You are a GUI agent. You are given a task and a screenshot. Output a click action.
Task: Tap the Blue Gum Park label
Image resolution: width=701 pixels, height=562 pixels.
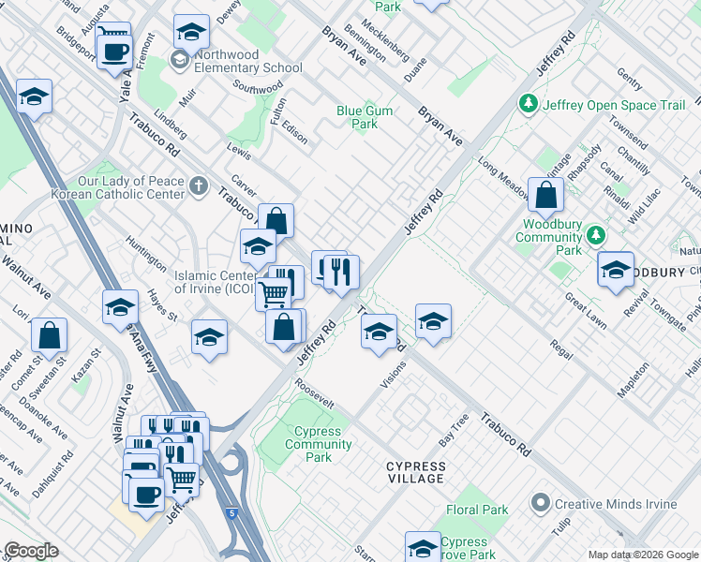pos(365,117)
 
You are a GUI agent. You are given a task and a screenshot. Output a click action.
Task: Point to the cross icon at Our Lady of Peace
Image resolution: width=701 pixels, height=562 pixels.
pos(198,186)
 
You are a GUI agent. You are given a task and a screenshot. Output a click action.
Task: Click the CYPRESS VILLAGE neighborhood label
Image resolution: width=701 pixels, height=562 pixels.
pos(416,472)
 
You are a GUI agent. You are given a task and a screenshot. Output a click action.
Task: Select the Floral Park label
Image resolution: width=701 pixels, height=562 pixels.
pos(477,510)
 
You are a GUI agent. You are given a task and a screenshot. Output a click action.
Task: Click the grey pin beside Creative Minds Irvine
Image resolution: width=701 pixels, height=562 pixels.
pos(539,504)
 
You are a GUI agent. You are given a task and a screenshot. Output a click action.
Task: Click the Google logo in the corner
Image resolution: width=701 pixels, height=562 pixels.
pos(31,551)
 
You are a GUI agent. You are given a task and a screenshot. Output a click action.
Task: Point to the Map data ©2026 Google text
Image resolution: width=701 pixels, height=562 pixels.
pos(642,555)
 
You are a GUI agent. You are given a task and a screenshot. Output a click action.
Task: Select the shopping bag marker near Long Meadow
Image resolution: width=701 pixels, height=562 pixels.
pos(545,195)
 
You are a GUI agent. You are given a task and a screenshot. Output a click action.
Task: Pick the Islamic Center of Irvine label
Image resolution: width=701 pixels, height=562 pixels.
pos(216,282)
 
